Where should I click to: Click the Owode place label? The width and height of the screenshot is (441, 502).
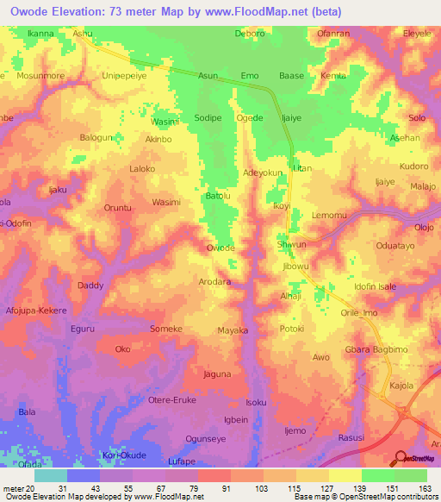point(220,248)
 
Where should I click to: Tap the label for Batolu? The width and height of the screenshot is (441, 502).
point(218,197)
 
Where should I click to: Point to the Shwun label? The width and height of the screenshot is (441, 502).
point(292,245)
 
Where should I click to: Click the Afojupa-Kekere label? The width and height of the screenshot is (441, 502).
point(35,310)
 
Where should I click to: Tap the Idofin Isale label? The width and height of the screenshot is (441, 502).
point(375,286)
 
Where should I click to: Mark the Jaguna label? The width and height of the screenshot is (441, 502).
point(217,374)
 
